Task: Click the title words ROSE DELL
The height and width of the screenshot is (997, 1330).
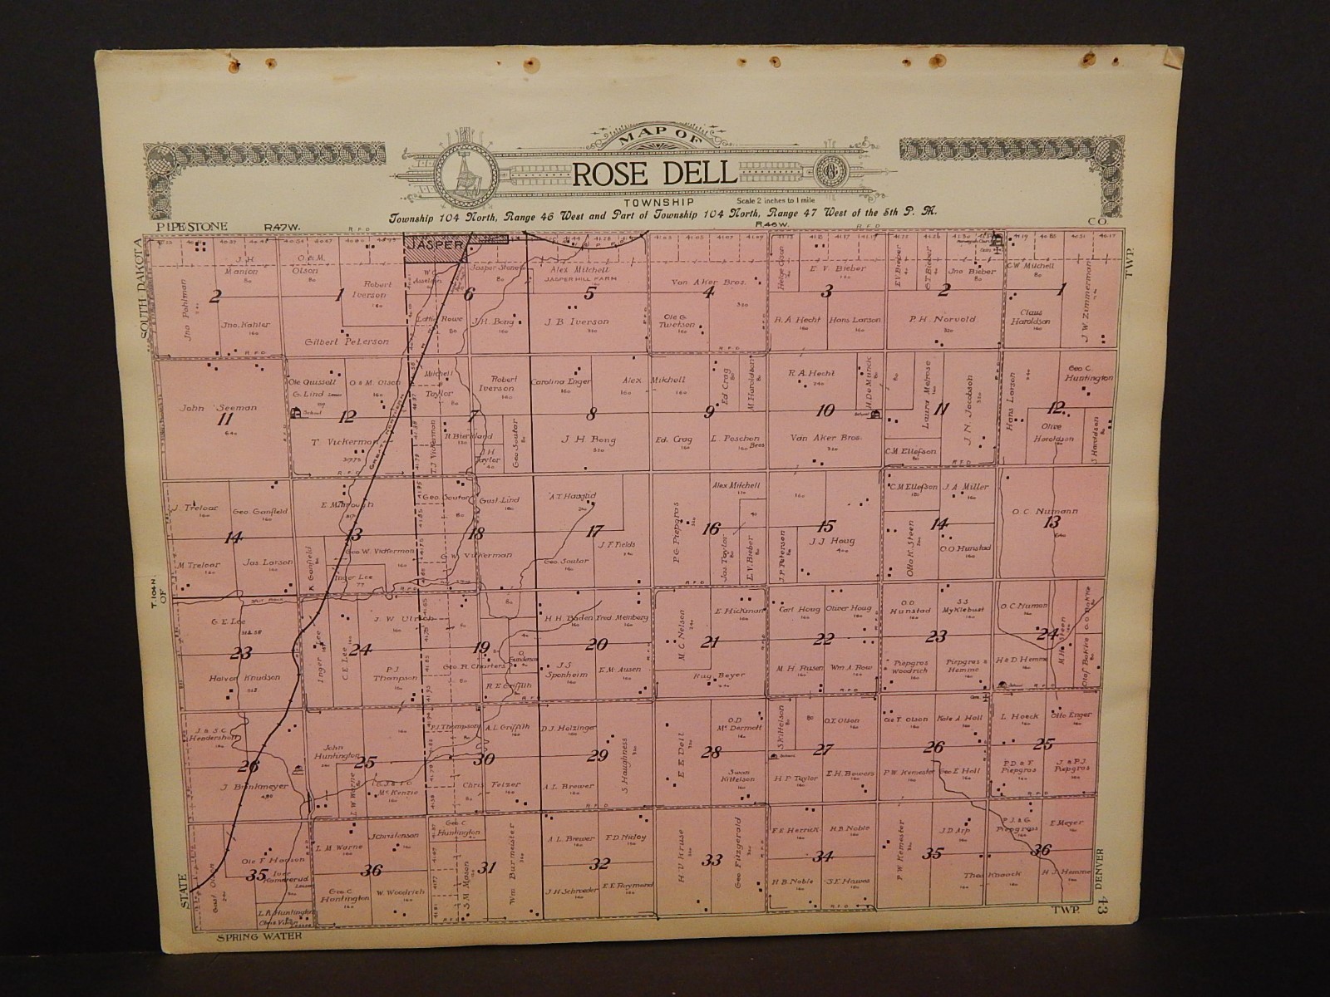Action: tap(653, 174)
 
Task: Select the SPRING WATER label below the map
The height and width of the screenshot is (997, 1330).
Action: tap(256, 937)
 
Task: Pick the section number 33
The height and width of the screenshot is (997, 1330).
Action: tap(712, 861)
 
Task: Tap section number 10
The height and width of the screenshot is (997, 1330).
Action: tap(825, 410)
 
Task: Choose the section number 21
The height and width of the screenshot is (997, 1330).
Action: tap(709, 641)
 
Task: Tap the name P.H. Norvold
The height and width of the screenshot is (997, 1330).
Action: tap(941, 319)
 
